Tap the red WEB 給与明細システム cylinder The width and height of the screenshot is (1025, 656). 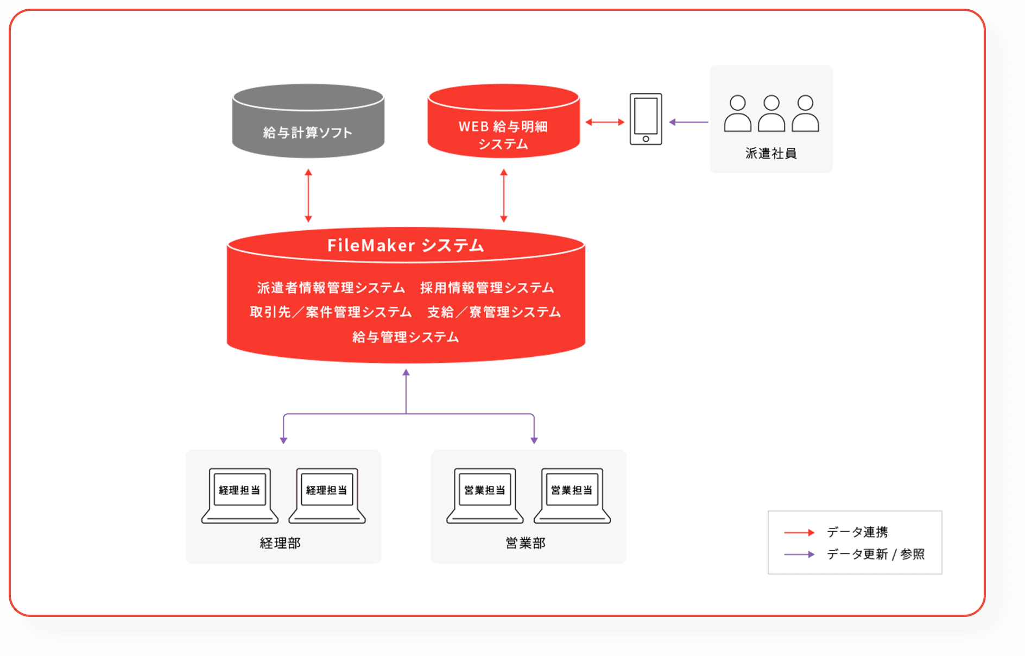coord(503,125)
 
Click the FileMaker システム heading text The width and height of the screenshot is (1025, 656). coord(406,245)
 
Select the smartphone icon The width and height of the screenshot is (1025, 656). coord(646,119)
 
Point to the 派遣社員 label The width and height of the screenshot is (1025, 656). coord(771,154)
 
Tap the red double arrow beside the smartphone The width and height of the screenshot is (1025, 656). coord(605,122)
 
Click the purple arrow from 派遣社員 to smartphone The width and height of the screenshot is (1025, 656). coord(688,122)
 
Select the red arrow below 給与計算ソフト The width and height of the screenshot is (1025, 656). coord(308,195)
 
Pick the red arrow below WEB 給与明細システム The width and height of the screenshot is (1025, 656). coord(504,195)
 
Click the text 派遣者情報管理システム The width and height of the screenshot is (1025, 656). coord(331,288)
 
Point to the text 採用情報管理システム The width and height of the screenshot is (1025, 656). coord(487,288)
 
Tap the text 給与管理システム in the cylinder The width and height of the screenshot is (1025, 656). coord(406,337)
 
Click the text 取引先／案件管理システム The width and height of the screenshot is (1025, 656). coord(331,312)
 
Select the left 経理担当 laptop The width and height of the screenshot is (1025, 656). coord(239,495)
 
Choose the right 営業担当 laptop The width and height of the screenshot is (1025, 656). coord(572,495)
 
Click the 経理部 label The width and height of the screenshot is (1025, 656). coord(280,543)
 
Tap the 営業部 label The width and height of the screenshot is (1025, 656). coord(526,543)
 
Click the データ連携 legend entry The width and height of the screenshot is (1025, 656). coord(857,532)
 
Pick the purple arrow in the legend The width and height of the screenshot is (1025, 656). coord(799,554)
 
